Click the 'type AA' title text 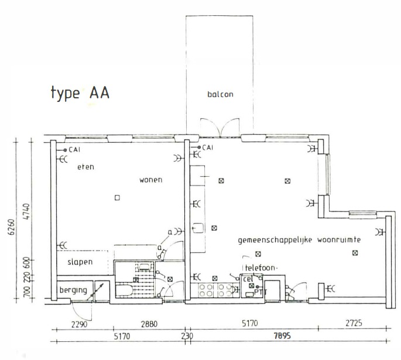coord(80,93)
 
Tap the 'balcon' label coord(220,94)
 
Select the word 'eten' coord(85,167)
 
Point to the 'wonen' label coord(151,180)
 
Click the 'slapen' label coord(80,262)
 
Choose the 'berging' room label coord(73,290)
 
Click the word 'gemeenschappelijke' coord(275,241)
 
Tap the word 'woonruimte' coord(339,240)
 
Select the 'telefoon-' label coord(261,268)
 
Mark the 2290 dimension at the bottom coord(79,324)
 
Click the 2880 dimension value coord(149,324)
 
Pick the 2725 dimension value coord(354,323)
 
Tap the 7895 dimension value coord(282,335)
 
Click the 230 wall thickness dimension coord(187,336)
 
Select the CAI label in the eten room coord(74,150)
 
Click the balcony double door coord(220,127)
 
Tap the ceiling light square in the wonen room coord(117,198)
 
